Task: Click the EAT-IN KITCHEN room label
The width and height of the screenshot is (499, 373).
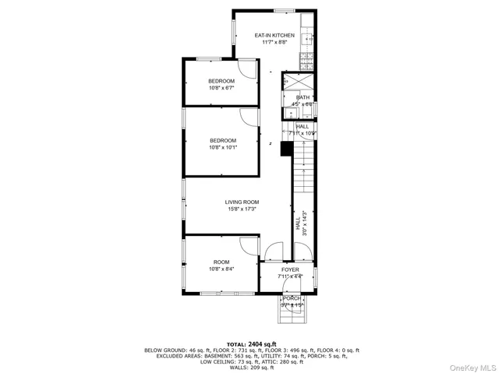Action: (x=274, y=36)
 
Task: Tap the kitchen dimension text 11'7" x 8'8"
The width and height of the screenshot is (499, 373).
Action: (x=274, y=44)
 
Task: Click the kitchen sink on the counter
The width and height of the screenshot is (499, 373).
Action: (x=309, y=36)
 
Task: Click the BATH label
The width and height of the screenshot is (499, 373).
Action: (x=302, y=97)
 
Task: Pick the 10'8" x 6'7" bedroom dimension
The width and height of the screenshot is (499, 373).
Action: (x=221, y=88)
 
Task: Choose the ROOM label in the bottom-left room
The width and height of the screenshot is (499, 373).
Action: (x=221, y=262)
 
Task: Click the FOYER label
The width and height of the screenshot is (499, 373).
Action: (x=290, y=269)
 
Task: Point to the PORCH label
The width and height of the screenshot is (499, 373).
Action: (x=292, y=297)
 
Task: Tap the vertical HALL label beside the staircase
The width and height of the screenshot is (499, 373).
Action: (x=297, y=224)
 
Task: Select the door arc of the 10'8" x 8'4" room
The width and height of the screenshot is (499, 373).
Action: (x=248, y=245)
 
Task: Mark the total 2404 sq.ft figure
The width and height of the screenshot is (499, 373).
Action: (x=257, y=343)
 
